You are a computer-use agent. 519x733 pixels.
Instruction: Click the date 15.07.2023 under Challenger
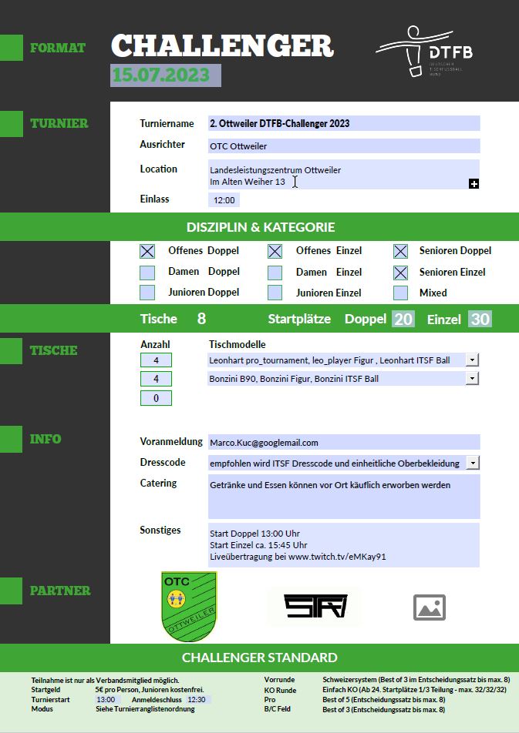[x=165, y=75]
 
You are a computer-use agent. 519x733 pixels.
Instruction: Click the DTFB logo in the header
[x=424, y=52]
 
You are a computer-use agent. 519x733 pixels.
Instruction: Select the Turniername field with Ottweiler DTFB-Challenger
[x=344, y=123]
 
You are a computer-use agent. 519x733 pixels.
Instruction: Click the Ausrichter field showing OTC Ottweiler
[x=344, y=146]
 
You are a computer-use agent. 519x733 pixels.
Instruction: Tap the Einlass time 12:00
[x=224, y=200]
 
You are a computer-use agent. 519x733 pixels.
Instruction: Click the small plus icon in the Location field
[x=474, y=183]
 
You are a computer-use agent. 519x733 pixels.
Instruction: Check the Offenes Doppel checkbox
[x=147, y=251]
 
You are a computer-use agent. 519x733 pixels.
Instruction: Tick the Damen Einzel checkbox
[x=275, y=273]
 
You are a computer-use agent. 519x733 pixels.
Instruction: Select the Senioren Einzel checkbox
[x=400, y=273]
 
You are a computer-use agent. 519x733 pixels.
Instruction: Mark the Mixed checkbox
[x=400, y=293]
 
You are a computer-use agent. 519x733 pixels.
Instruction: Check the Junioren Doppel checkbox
[x=147, y=293]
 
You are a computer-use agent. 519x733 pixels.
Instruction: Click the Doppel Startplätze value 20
[x=403, y=319]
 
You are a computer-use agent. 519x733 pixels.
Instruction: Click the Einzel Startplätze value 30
[x=480, y=319]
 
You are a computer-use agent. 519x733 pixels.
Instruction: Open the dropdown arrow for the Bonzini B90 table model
[x=473, y=379]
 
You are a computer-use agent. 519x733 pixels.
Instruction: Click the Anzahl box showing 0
[x=156, y=398]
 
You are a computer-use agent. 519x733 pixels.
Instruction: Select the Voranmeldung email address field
[x=344, y=443]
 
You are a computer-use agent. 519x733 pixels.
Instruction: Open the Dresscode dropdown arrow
[x=473, y=463]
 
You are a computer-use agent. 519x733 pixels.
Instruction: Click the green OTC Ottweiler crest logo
[x=189, y=606]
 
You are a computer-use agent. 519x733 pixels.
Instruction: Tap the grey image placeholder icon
[x=430, y=607]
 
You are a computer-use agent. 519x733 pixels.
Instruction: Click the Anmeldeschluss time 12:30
[x=197, y=700]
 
